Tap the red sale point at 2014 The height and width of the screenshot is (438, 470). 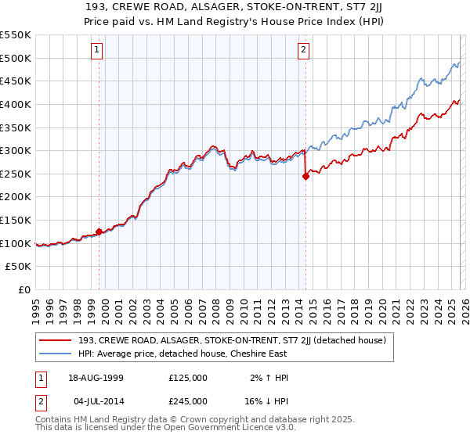[305, 176]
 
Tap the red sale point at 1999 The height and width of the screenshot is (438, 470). [99, 232]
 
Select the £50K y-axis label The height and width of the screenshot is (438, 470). [19, 267]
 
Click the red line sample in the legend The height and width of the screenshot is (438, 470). [56, 340]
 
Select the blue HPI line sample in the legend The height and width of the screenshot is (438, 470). [56, 354]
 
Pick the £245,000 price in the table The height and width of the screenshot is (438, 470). [187, 400]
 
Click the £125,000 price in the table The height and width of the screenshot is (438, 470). [187, 377]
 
